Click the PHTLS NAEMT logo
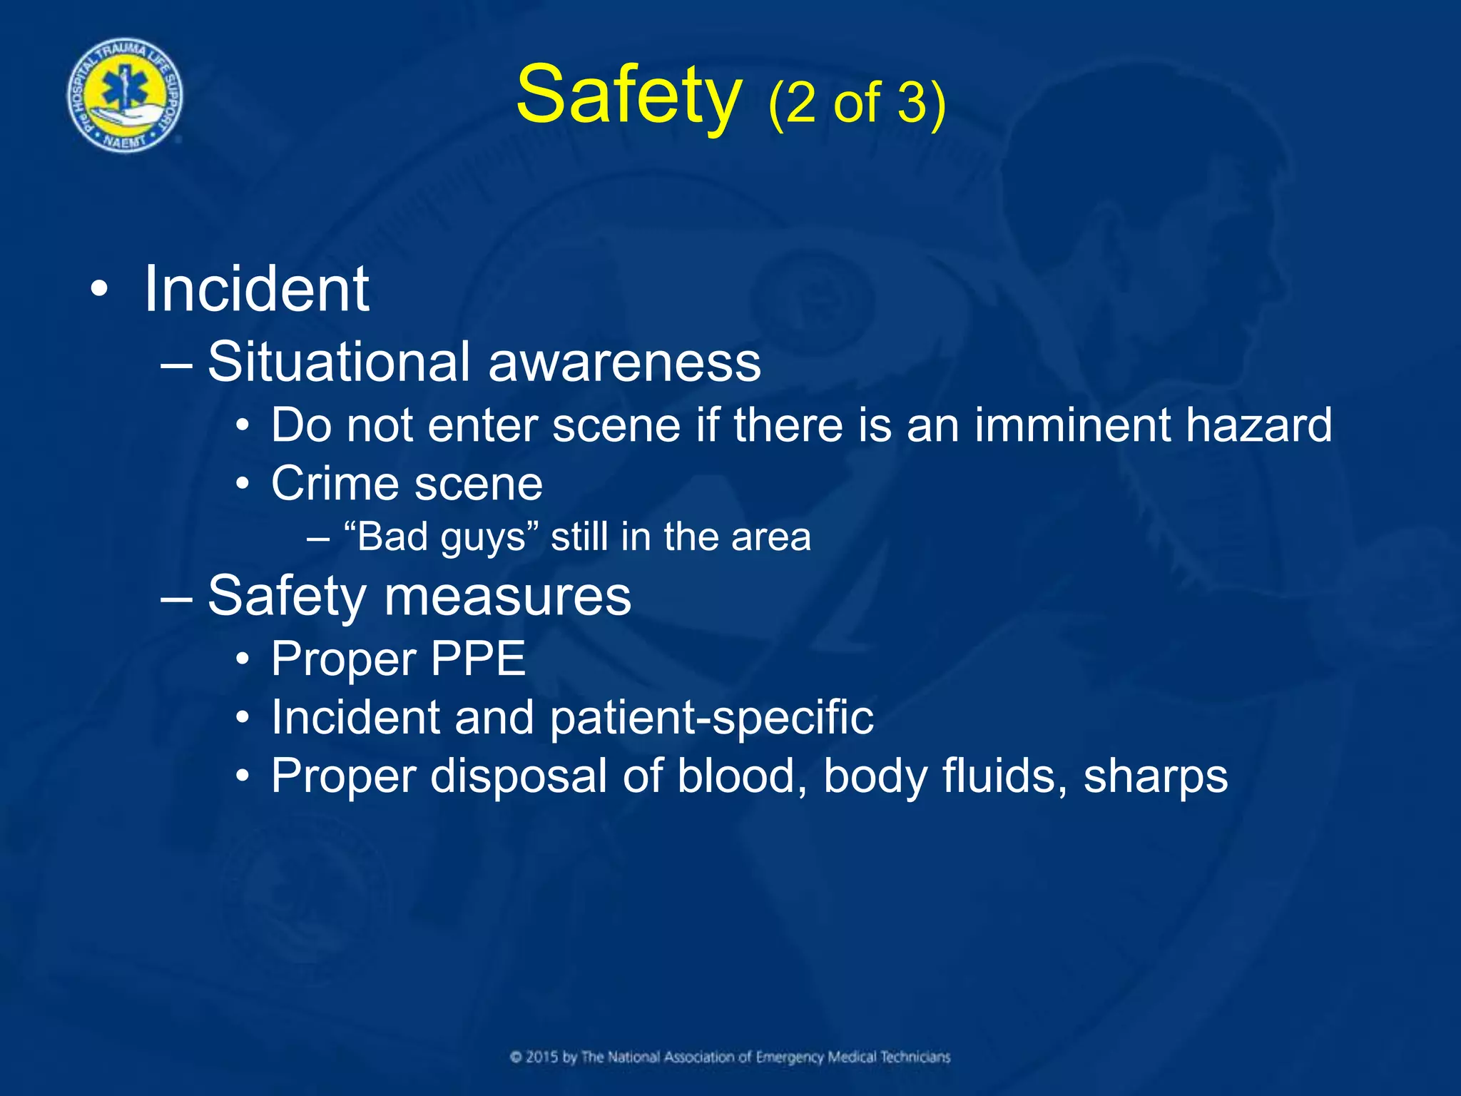125,96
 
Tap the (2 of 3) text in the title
856,103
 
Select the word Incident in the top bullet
256,289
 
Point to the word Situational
339,362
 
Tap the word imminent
1072,426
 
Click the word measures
507,597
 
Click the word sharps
1156,777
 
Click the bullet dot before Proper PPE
243,659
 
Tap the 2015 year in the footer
542,1057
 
